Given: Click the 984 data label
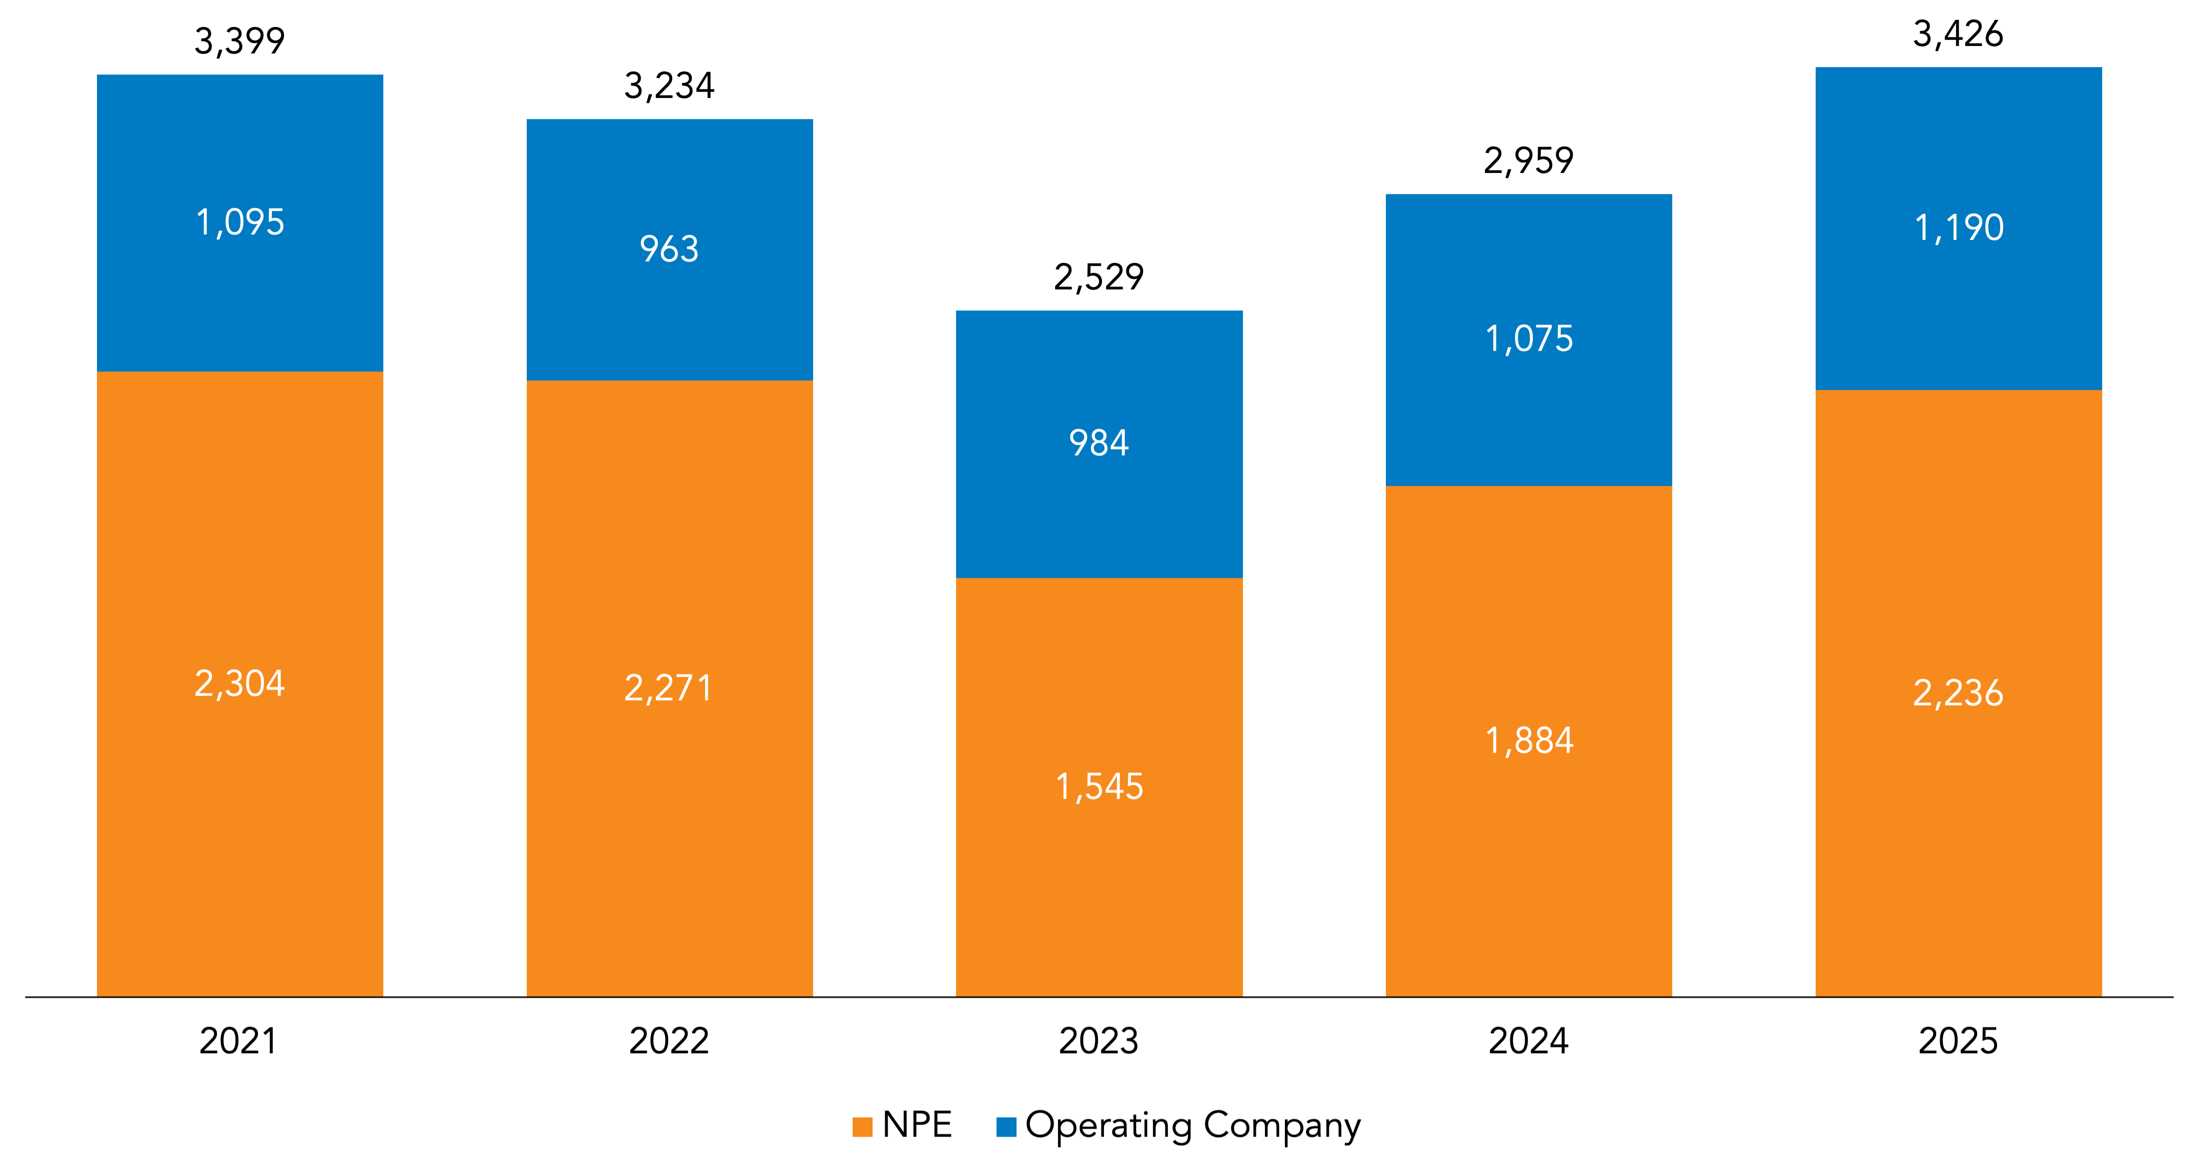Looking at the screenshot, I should pos(1099,443).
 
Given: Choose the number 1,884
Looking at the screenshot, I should pos(1529,740).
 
